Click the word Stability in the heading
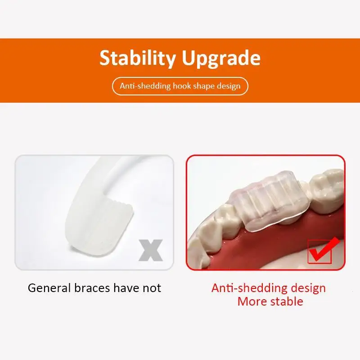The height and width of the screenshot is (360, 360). (138, 58)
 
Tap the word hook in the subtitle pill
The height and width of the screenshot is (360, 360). (182, 86)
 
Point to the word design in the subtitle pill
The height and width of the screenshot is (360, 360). (229, 86)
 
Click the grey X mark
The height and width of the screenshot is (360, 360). (151, 250)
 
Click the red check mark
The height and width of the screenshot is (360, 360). (323, 251)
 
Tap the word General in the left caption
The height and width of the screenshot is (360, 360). (49, 288)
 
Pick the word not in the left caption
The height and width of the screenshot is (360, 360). (152, 288)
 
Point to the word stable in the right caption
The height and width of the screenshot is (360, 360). (287, 301)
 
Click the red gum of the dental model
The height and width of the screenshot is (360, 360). (275, 246)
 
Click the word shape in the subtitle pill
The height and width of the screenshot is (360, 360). (204, 86)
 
